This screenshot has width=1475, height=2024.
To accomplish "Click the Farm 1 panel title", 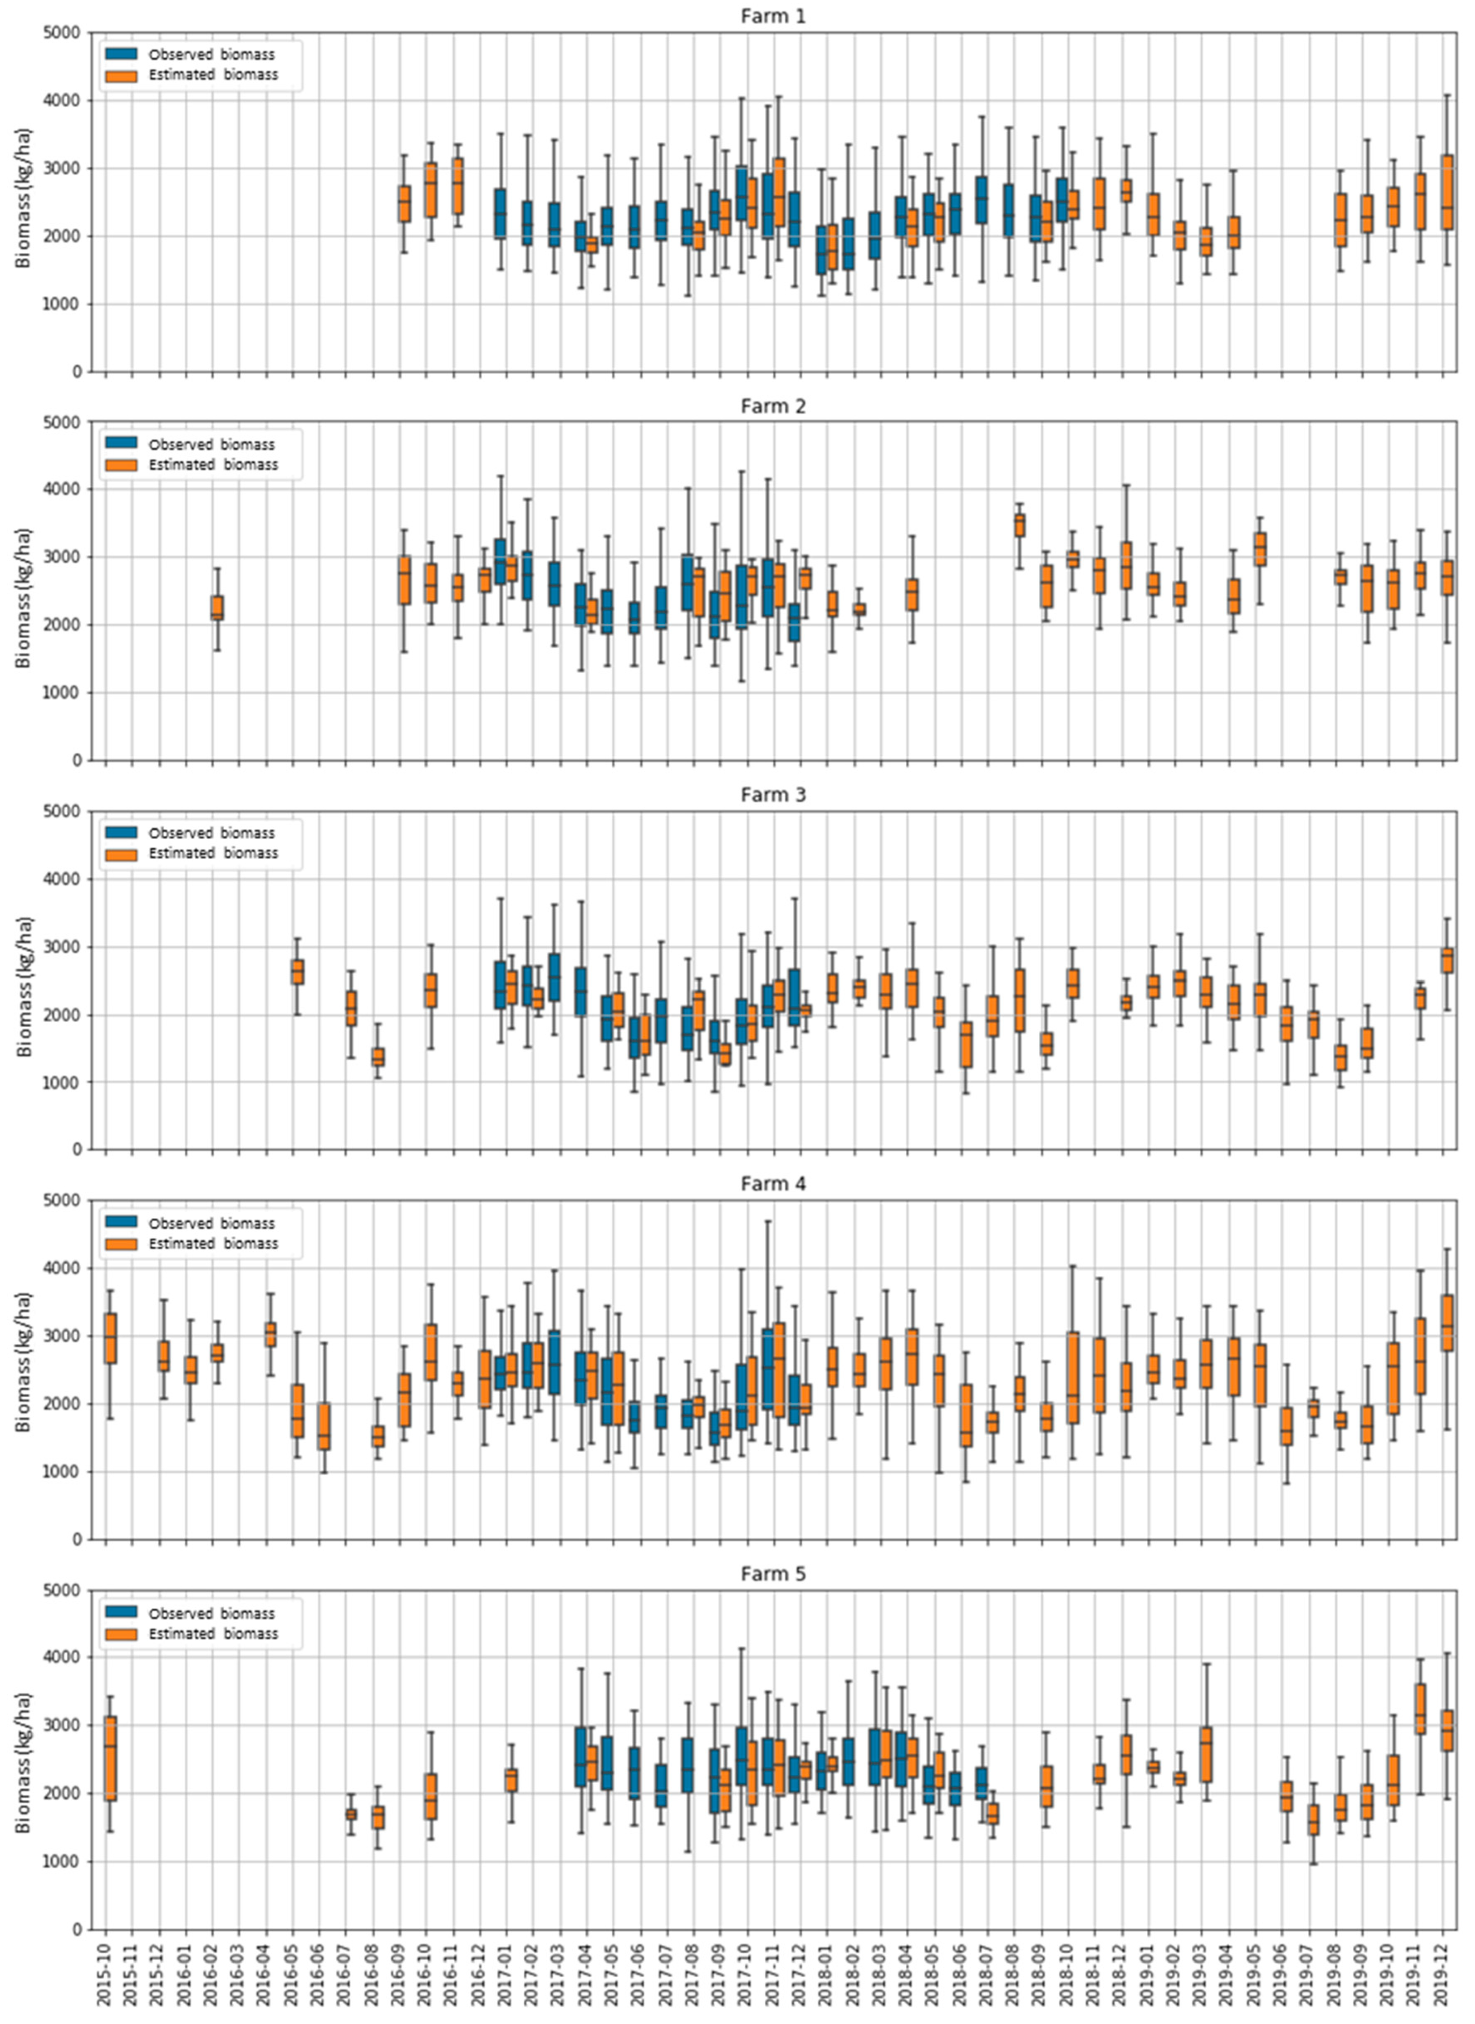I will (x=773, y=16).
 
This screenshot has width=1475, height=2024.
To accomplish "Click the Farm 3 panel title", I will (x=773, y=795).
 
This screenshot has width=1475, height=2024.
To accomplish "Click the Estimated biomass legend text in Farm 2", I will (x=212, y=464).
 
